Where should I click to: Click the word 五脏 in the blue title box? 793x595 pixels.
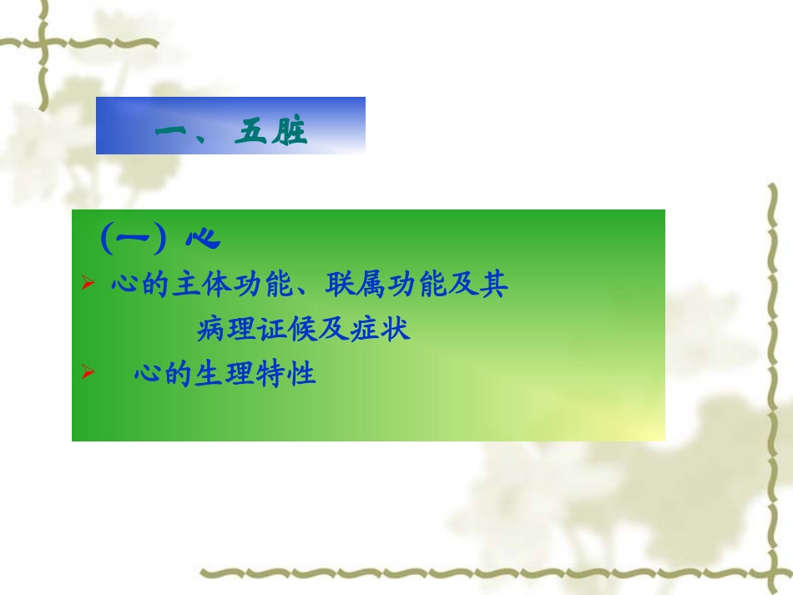270,133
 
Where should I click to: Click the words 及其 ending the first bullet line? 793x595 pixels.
484,285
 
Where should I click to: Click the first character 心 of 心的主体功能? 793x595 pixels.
124,285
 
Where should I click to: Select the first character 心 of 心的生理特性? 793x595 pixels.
147,374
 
